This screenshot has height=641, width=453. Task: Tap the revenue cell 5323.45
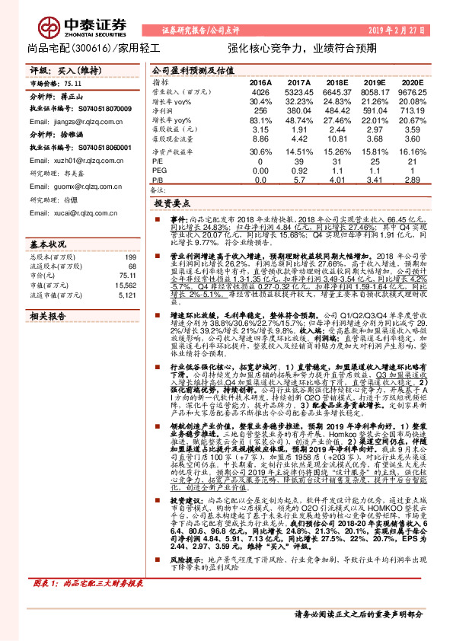[298, 92]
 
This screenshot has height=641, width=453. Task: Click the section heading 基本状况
[47, 223]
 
